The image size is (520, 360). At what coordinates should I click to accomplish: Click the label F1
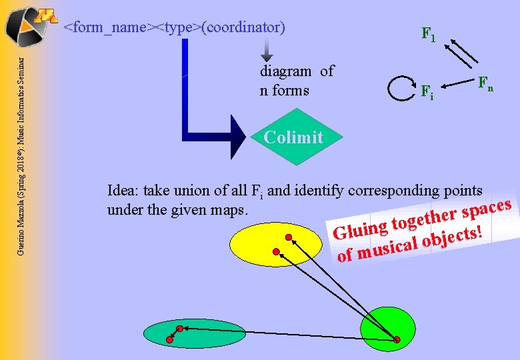tap(427, 34)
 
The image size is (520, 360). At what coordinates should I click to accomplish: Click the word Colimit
tap(293, 137)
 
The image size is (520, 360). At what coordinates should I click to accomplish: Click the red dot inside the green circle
tap(397, 340)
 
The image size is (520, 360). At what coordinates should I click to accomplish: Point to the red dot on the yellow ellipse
tap(288, 237)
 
